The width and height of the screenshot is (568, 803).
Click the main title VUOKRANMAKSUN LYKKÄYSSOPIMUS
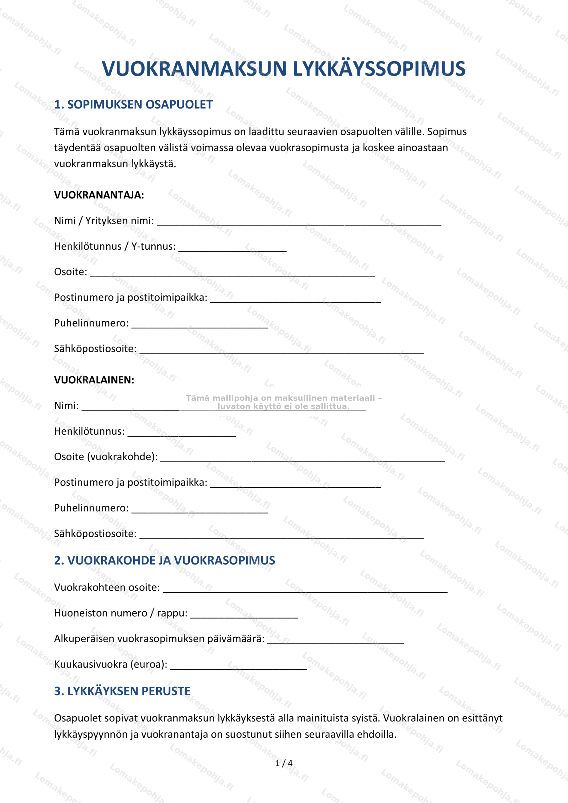point(283,69)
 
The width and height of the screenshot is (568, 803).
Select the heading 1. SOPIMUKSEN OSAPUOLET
point(133,104)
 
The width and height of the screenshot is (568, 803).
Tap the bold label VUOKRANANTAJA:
point(99,195)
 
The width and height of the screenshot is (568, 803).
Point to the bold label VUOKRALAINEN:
point(94,380)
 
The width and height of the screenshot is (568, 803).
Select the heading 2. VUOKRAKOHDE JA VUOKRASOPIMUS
point(164,561)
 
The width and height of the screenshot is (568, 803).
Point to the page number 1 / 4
point(284,763)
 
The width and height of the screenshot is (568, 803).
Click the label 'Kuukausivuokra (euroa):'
point(110,664)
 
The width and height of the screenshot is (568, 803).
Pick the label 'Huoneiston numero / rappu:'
point(121,613)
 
